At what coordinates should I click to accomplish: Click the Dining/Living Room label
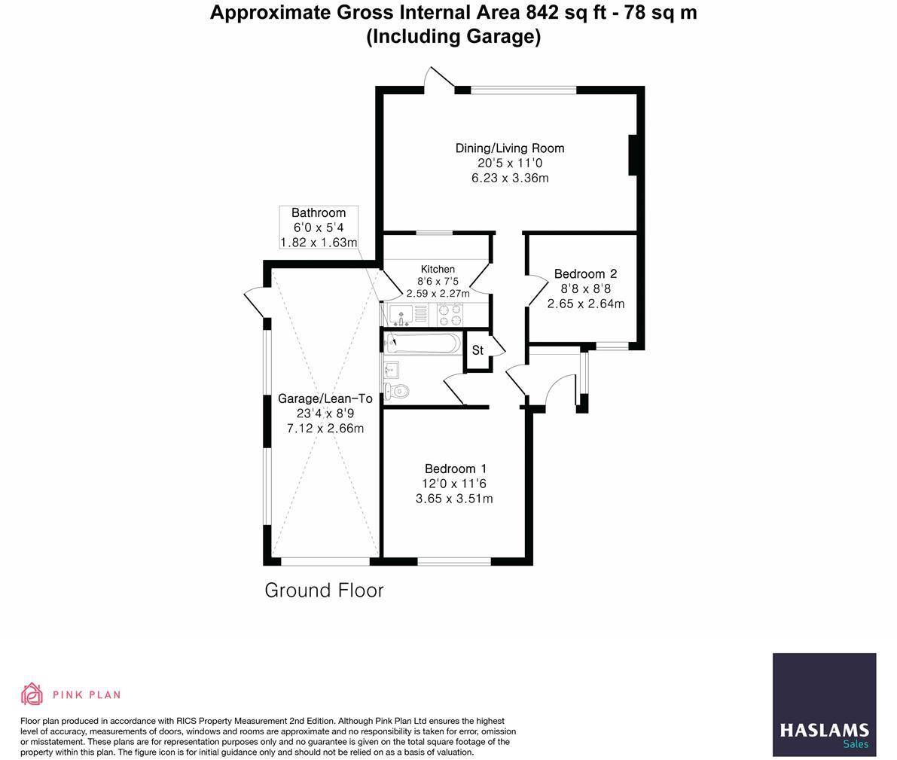509,148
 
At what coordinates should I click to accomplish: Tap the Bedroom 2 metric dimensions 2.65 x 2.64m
585,304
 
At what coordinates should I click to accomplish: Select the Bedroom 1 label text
454,469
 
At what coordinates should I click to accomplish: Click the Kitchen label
438,269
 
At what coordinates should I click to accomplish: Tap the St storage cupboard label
477,351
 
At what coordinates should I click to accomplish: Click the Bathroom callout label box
318,227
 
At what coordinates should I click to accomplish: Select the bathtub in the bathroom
423,344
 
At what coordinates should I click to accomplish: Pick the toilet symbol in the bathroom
396,392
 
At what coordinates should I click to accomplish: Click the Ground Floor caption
324,591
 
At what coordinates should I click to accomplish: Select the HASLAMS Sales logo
824,705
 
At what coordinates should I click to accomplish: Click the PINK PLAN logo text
86,694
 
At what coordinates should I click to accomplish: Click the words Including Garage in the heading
453,36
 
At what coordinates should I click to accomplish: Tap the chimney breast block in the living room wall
634,155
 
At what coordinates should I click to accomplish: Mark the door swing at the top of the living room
439,80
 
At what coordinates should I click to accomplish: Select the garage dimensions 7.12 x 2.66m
325,429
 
